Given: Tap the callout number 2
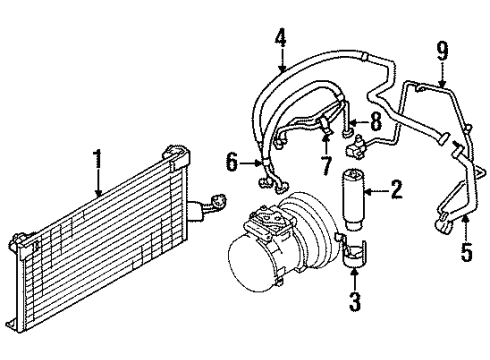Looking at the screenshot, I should click(396, 187).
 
